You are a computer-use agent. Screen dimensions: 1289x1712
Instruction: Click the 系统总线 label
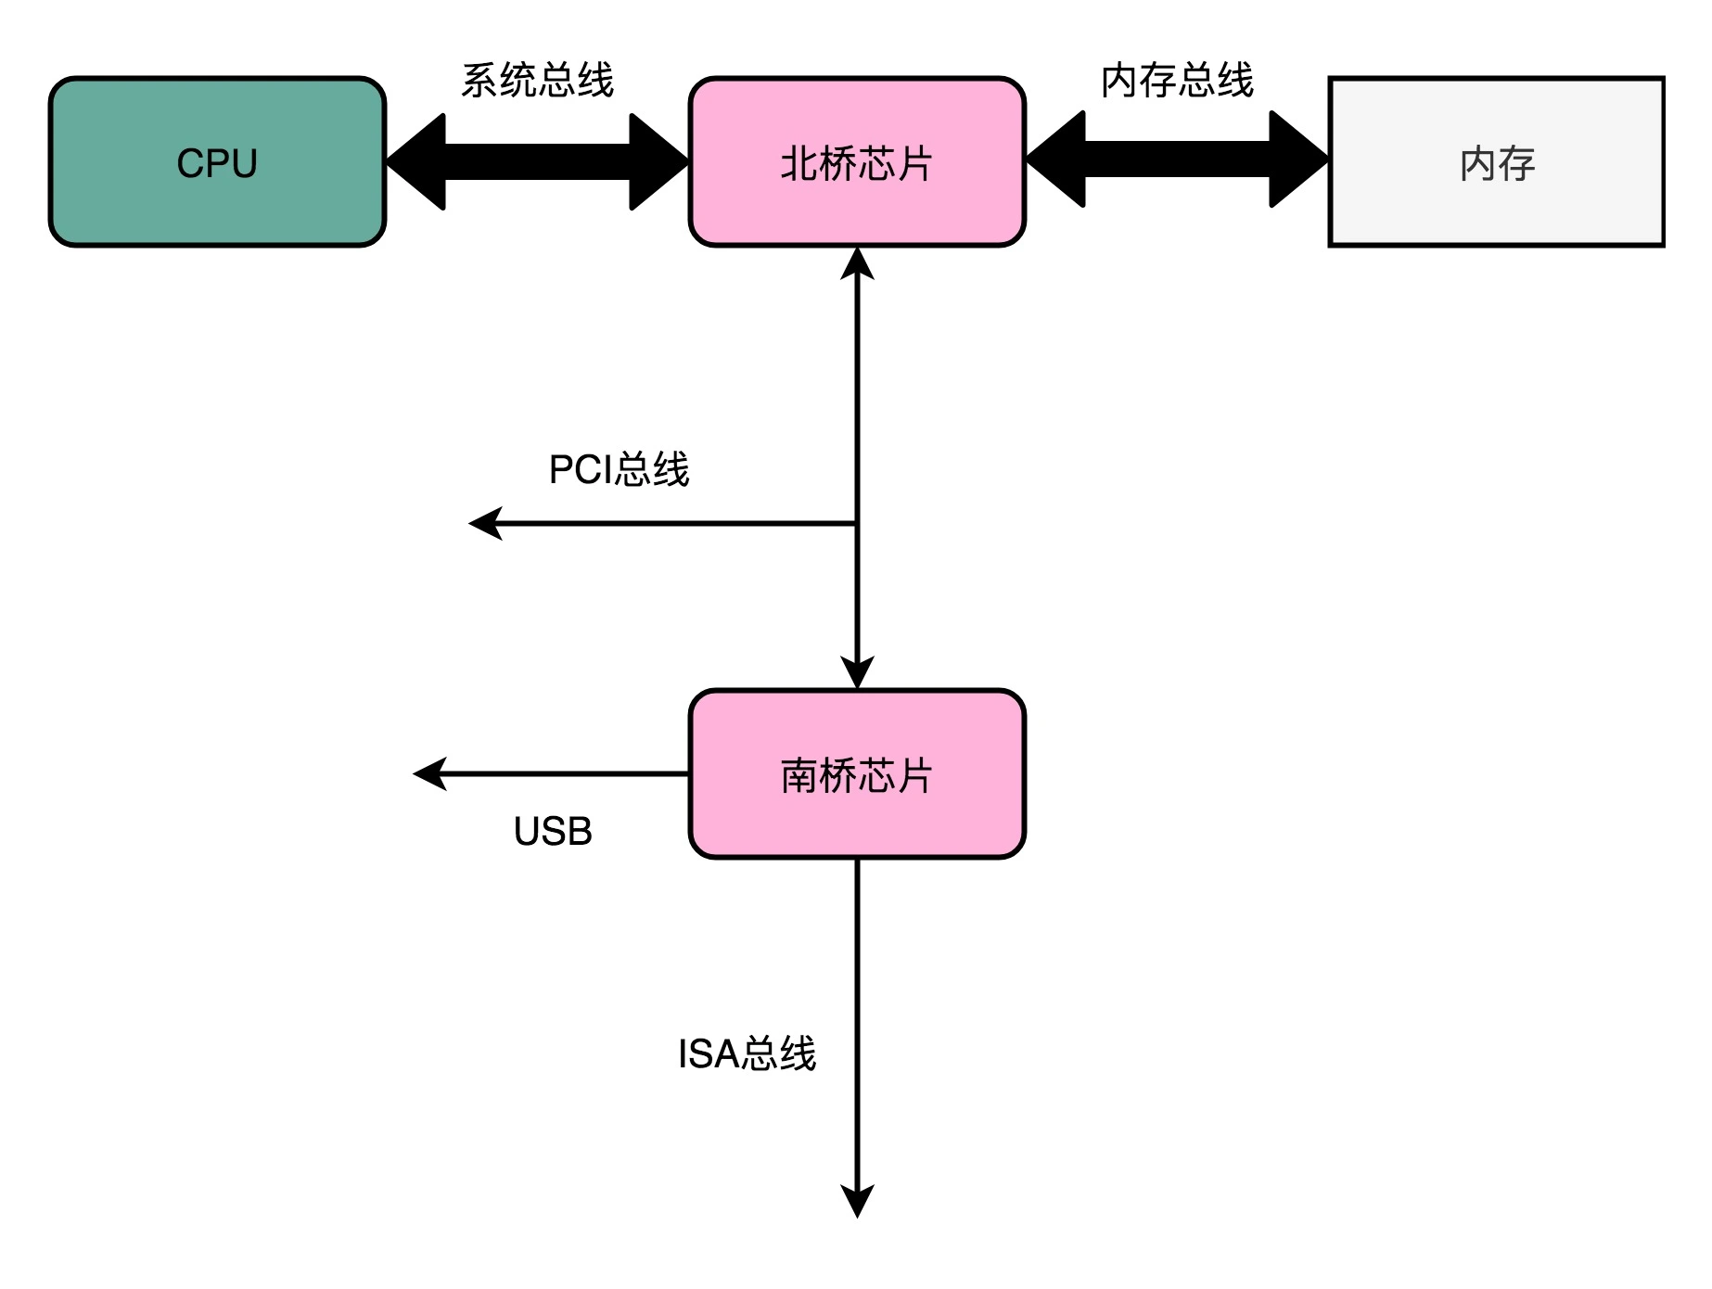[x=537, y=81]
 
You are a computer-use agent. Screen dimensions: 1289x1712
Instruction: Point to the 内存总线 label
[x=1177, y=81]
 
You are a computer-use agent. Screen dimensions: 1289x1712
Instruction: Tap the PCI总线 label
[x=619, y=469]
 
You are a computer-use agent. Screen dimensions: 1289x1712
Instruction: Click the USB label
[x=553, y=831]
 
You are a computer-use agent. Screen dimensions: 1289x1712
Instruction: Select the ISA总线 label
[x=747, y=1054]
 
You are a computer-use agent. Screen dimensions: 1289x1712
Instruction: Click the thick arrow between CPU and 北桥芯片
[x=537, y=162]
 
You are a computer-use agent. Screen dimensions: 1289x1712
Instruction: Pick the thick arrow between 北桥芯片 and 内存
[x=1177, y=160]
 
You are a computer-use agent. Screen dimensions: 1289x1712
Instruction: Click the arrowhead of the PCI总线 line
[x=485, y=524]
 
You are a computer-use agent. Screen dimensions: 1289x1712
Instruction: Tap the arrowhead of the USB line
[x=429, y=773]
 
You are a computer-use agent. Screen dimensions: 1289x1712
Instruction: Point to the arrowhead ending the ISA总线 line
[x=857, y=1202]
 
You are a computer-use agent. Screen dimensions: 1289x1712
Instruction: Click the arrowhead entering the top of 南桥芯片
[x=857, y=672]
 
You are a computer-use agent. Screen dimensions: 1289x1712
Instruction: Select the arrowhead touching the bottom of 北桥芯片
[x=857, y=264]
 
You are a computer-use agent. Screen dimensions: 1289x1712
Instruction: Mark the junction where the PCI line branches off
[x=857, y=524]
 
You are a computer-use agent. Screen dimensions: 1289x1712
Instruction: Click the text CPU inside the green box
[x=217, y=163]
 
